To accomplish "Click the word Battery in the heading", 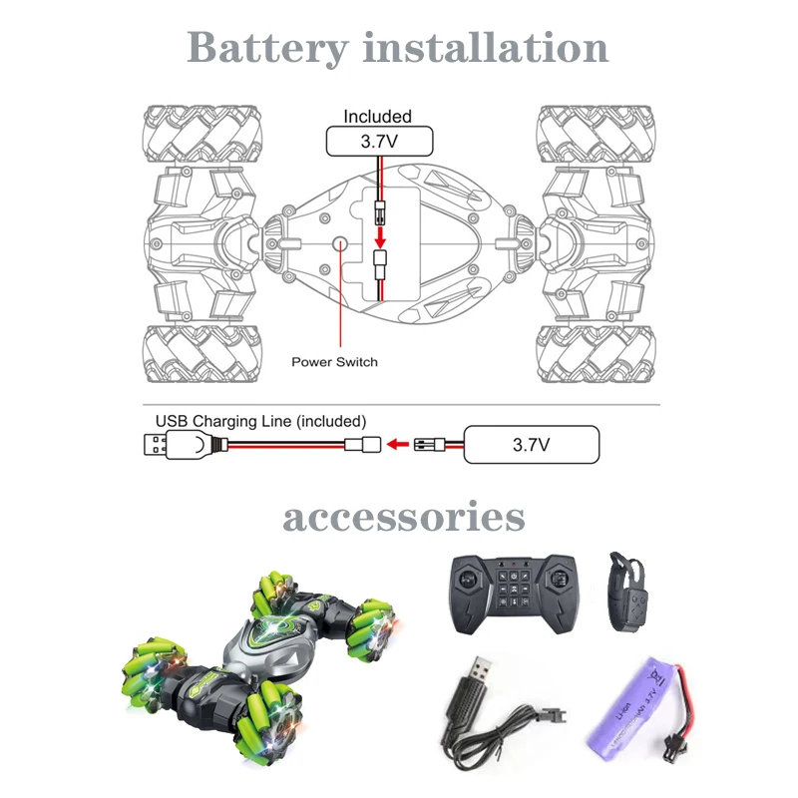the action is coord(267,48).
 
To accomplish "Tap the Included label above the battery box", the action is coord(377,117).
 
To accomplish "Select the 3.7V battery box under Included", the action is coord(378,141).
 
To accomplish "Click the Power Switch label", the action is coord(334,361).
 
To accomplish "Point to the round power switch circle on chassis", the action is coord(339,242).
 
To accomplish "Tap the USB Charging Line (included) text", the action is coord(260,421).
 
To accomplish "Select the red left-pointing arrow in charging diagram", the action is coord(398,444).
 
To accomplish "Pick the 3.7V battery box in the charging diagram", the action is coord(532,444).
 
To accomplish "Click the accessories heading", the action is coord(403,518).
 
